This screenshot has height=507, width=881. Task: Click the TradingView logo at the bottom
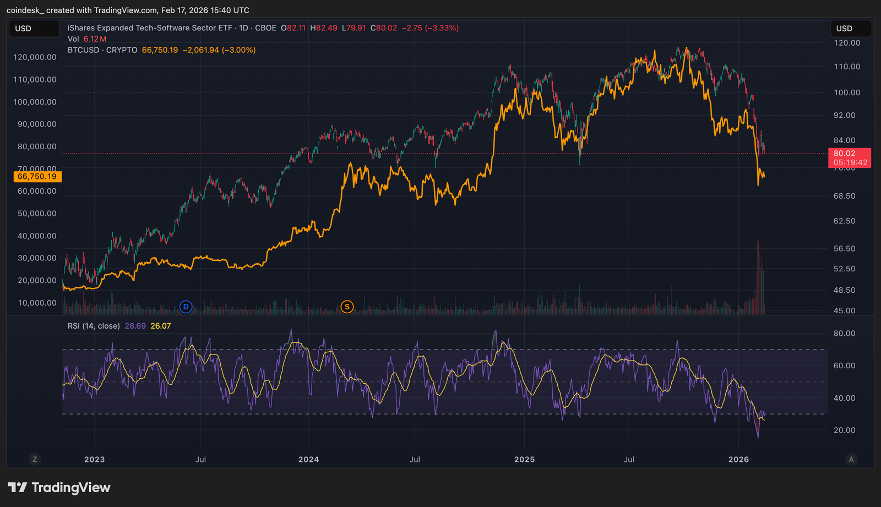pyautogui.click(x=59, y=488)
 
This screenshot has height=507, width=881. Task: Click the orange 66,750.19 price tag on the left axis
pyautogui.click(x=37, y=177)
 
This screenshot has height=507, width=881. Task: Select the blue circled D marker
pyautogui.click(x=186, y=307)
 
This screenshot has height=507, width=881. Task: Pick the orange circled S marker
pyautogui.click(x=347, y=307)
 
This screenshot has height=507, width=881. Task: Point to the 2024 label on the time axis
pyautogui.click(x=308, y=459)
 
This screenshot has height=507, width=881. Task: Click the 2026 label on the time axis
pyautogui.click(x=738, y=459)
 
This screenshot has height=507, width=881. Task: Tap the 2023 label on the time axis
pyautogui.click(x=94, y=459)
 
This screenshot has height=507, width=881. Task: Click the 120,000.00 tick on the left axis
pyautogui.click(x=35, y=57)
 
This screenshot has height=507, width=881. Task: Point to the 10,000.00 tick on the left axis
pyautogui.click(x=37, y=303)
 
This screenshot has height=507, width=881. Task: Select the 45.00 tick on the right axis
pyautogui.click(x=844, y=310)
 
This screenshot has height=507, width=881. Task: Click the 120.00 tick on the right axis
pyautogui.click(x=847, y=43)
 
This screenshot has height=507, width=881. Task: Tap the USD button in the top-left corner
pyautogui.click(x=34, y=29)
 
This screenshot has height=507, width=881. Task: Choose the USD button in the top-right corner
pyautogui.click(x=850, y=29)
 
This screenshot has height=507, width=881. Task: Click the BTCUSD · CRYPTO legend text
pyautogui.click(x=102, y=50)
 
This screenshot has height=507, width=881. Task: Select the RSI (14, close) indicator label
pyautogui.click(x=94, y=326)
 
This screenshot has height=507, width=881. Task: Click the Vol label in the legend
pyautogui.click(x=73, y=39)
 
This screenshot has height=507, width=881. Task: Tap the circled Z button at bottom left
pyautogui.click(x=35, y=459)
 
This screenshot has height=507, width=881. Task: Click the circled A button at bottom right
pyautogui.click(x=851, y=459)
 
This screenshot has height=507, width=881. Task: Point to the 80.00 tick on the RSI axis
pyautogui.click(x=844, y=334)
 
